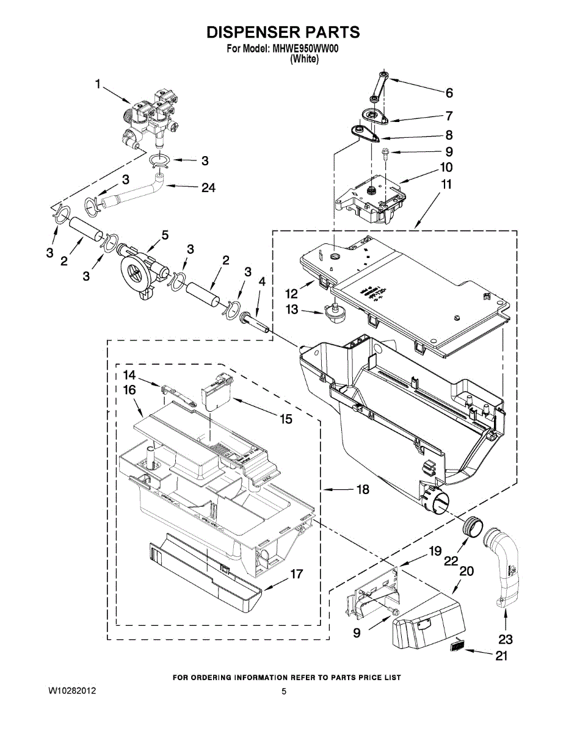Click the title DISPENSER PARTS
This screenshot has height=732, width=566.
[282, 32]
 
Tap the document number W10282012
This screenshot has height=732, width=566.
[71, 691]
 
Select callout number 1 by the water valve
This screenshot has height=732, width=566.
[98, 84]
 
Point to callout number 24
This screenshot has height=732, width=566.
[208, 188]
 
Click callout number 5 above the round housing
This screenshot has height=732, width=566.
[165, 235]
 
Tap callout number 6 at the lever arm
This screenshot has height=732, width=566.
[449, 93]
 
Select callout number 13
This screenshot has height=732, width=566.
[293, 310]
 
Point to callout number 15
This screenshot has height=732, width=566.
[286, 419]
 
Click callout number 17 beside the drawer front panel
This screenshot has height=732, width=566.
[296, 574]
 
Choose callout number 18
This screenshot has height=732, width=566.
[363, 489]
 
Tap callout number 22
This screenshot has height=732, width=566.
[451, 561]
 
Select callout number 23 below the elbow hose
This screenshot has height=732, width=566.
[506, 639]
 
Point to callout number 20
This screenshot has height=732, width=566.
[466, 572]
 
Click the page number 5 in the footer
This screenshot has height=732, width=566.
[284, 691]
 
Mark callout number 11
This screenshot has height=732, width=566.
[446, 184]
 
